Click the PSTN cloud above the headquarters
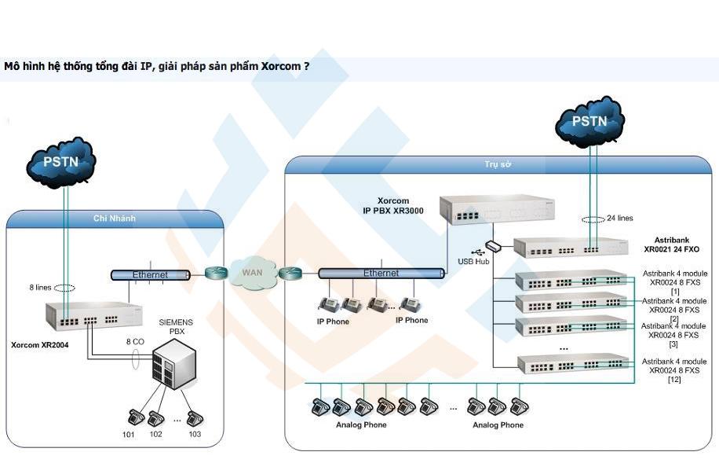[x=589, y=121]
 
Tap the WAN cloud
[x=252, y=273]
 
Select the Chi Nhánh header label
[x=115, y=219]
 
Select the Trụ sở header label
[x=497, y=164]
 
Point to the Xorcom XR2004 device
[x=88, y=315]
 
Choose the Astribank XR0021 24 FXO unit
[x=571, y=248]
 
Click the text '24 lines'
[x=619, y=219]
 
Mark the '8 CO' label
[x=135, y=342]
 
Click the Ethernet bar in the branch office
[x=150, y=275]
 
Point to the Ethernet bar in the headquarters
[x=381, y=273]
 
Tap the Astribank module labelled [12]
[x=573, y=364]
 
